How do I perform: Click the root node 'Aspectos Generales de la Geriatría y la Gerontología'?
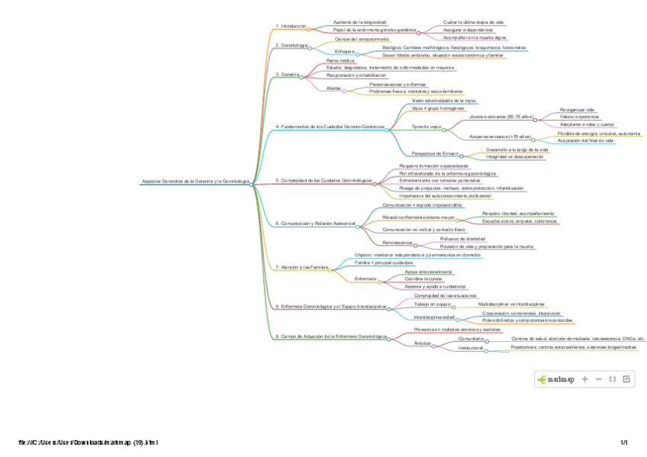(x=196, y=182)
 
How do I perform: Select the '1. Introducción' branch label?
(x=291, y=26)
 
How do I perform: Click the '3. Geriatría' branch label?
(x=287, y=74)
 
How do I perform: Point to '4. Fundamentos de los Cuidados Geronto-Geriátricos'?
(x=329, y=126)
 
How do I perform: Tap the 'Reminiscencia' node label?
(x=398, y=243)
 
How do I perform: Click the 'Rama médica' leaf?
(x=340, y=60)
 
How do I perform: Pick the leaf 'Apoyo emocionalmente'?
(x=428, y=272)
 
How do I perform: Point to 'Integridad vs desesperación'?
(x=514, y=156)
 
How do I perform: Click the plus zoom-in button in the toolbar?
(x=585, y=378)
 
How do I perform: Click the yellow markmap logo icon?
(x=542, y=378)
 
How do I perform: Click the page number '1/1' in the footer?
(x=623, y=443)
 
